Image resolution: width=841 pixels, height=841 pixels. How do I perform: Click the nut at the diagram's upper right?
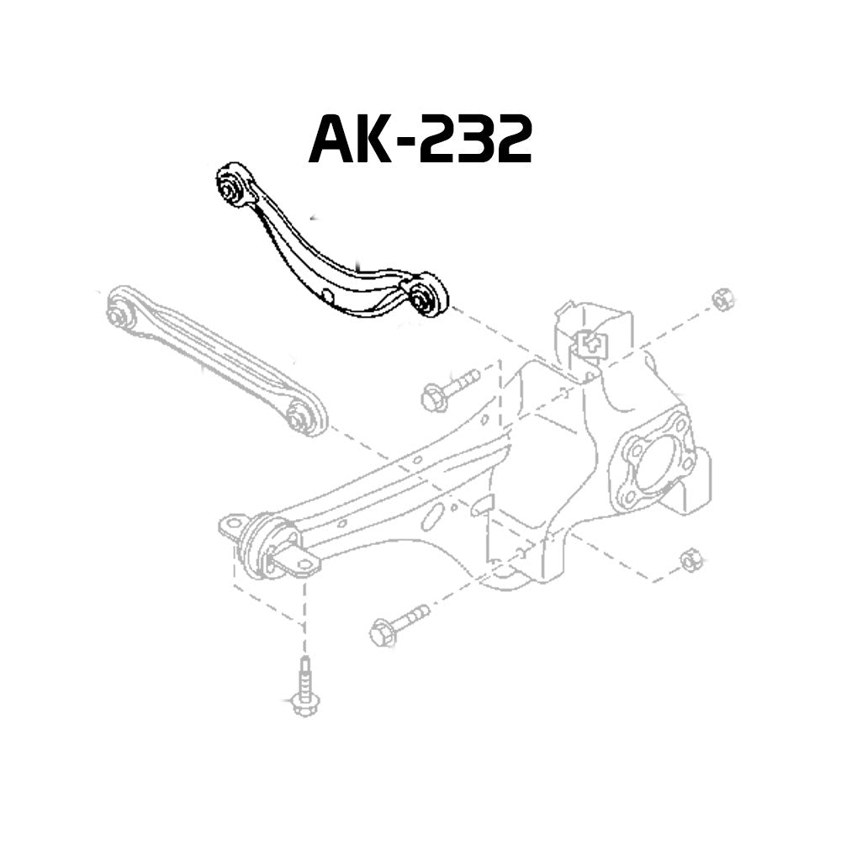(721, 299)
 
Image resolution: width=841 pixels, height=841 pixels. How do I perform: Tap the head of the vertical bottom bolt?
(304, 702)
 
